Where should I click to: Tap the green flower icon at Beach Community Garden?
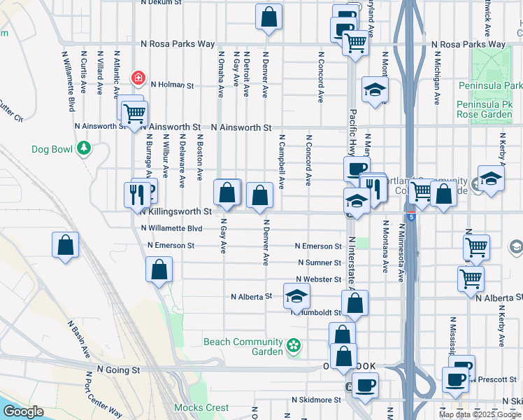pos(294,345)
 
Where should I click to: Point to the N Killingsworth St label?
pos(175,211)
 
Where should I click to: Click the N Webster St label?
pos(317,279)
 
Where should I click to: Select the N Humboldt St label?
pos(319,313)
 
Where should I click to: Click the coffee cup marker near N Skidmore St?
pos(364,384)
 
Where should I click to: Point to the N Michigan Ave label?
pos(437,78)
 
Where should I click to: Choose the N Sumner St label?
pos(319,262)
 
